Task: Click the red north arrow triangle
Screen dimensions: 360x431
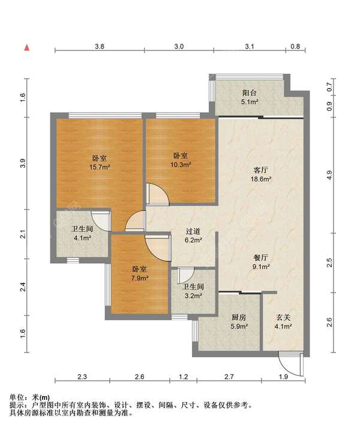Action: [x=26, y=47]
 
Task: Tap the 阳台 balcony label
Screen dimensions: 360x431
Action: [x=250, y=93]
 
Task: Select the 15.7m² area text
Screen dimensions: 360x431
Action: [x=100, y=167]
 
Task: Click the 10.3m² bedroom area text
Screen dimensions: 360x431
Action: [x=181, y=165]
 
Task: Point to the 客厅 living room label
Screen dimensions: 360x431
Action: [x=260, y=170]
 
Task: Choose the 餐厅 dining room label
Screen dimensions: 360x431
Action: [x=260, y=258]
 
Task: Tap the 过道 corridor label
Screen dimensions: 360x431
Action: [x=193, y=231]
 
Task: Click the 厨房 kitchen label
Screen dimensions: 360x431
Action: [x=239, y=318]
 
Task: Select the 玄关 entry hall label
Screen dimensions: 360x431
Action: [x=283, y=318]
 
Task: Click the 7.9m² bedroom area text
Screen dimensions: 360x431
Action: [x=140, y=278]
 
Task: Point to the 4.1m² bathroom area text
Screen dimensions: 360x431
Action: [x=82, y=238]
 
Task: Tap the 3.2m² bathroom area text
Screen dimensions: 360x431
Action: [x=193, y=296]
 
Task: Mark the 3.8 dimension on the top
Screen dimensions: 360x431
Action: [x=100, y=46]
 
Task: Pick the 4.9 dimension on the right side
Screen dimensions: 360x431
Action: [x=329, y=175]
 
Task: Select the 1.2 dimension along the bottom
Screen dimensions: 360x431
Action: [x=184, y=376]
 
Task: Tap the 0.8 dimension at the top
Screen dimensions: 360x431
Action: [x=295, y=46]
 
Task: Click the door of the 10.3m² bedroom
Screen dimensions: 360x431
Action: [x=157, y=194]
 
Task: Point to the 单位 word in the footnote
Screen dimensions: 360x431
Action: [x=17, y=397]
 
